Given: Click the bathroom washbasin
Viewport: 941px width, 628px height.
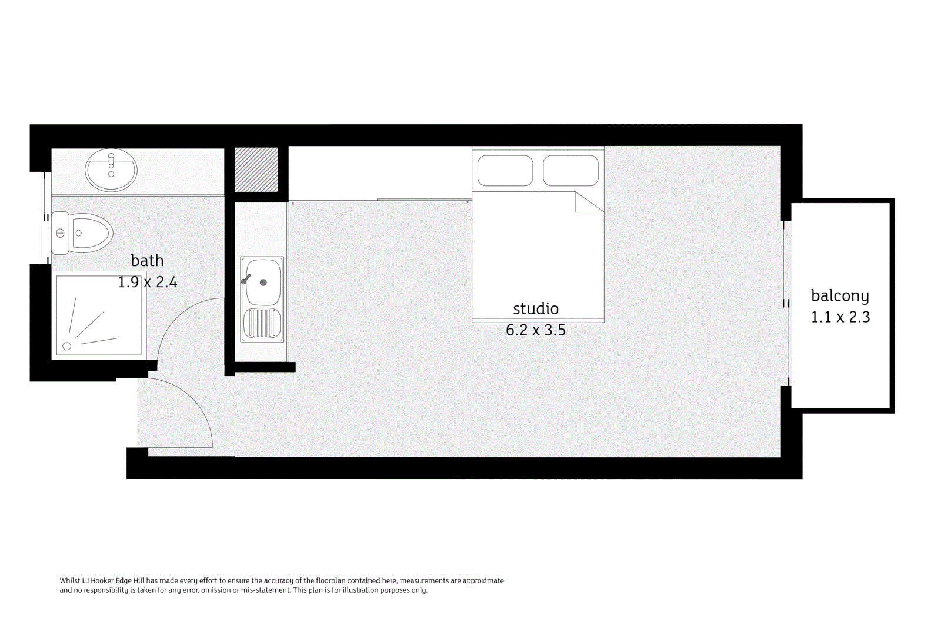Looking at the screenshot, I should [x=111, y=170].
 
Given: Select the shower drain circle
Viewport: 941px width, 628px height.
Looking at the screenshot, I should [x=67, y=346].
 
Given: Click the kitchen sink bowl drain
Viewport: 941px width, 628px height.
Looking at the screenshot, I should [x=263, y=283].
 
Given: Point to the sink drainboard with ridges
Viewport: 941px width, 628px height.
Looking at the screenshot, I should [x=262, y=323].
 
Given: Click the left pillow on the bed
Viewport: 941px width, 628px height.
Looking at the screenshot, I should [x=505, y=170].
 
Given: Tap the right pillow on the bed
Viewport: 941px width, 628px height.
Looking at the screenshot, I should [x=570, y=170].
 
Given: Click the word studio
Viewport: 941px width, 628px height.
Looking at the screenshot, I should [x=536, y=309].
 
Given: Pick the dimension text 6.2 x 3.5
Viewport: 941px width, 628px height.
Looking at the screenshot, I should [x=536, y=330].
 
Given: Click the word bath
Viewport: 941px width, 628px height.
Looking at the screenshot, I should [x=147, y=261].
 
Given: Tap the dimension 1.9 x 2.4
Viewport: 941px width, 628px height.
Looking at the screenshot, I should [x=148, y=283].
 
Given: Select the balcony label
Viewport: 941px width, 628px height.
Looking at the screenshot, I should [x=840, y=295].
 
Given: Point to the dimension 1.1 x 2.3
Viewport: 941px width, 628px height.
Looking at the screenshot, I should [x=840, y=317].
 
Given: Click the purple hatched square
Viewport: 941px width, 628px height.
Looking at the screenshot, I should [x=256, y=170].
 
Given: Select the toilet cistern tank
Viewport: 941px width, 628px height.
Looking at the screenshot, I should [x=60, y=233].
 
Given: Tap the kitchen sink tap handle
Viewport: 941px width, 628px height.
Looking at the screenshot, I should [x=246, y=279].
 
